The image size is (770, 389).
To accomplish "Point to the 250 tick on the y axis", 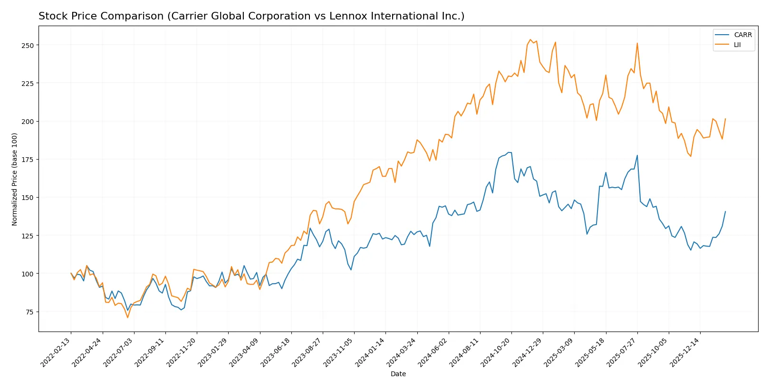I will tap(28, 46).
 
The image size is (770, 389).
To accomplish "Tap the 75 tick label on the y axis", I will tap(29, 312).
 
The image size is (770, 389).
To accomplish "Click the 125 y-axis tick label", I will tap(28, 236).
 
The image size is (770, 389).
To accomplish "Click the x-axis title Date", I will tap(398, 374).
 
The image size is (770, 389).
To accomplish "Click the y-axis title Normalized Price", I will tap(15, 179).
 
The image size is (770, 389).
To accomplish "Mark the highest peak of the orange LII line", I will tap(530, 39).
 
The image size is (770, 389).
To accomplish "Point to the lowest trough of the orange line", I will tap(127, 317).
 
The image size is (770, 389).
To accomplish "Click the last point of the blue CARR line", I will tap(725, 211).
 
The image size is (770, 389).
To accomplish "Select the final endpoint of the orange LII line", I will tap(725, 119).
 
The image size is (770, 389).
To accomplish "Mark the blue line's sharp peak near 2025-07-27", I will tap(637, 155).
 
